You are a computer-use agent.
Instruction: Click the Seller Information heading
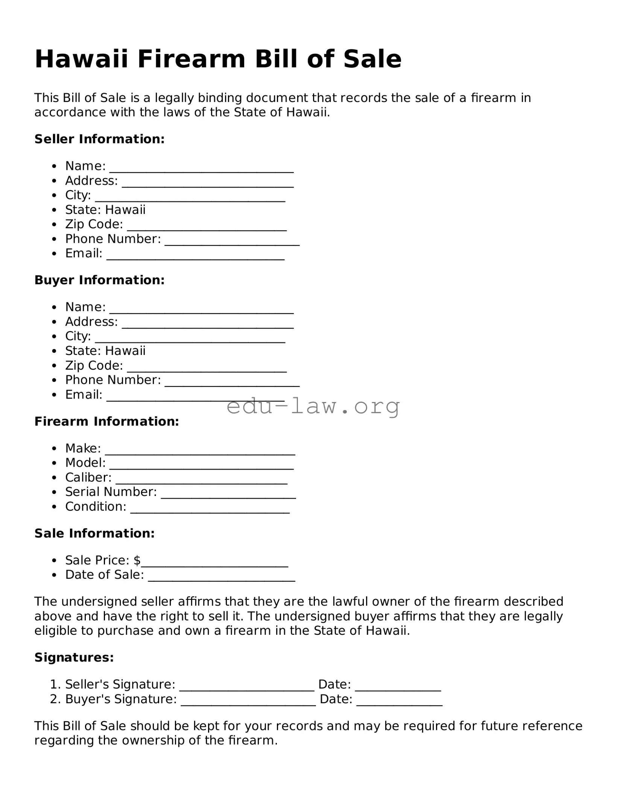coord(100,139)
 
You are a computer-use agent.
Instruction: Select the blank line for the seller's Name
coord(201,170)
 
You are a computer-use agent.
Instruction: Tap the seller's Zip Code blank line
coord(207,228)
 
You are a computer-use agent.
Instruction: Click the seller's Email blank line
coord(196,258)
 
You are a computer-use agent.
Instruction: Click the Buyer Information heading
coord(100,280)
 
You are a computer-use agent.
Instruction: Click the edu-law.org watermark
coord(313,407)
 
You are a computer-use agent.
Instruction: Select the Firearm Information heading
coord(107,422)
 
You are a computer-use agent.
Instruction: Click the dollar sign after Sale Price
coord(137,560)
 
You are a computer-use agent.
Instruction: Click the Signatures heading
coord(74,657)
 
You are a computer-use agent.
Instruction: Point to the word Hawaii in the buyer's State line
coord(125,351)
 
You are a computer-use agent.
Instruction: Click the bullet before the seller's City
coord(55,196)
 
